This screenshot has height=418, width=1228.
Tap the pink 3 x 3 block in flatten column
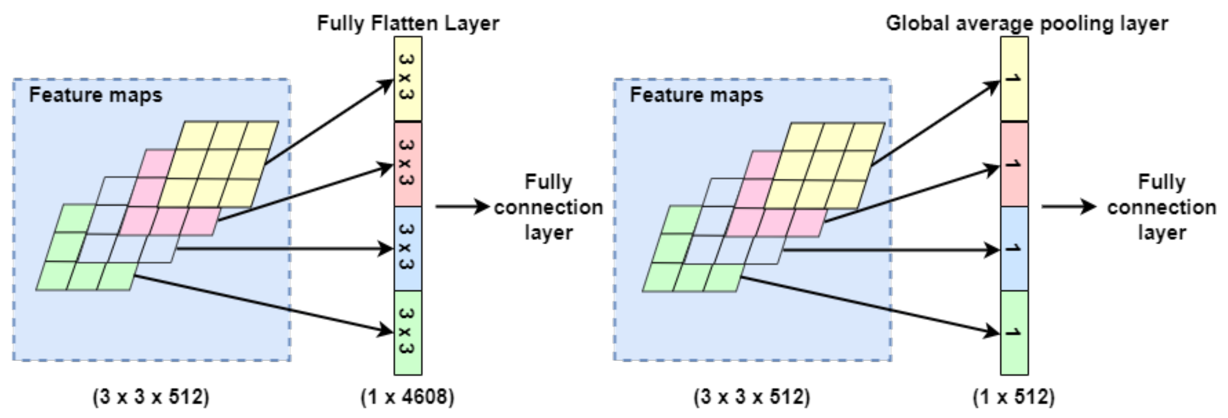(407, 164)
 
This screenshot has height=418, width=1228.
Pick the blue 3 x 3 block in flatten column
(407, 248)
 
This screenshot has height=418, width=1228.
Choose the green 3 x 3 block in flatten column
(407, 333)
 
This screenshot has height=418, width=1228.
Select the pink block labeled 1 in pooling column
(1014, 164)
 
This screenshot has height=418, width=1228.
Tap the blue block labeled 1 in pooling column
(1014, 248)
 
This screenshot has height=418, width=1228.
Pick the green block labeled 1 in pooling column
(1014, 333)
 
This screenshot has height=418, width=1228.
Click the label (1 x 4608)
(407, 397)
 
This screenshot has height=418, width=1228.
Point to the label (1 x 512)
(1014, 397)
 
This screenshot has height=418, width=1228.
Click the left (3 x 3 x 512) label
(151, 397)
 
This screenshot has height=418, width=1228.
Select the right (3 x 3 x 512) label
(752, 397)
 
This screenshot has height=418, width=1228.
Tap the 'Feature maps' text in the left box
(95, 95)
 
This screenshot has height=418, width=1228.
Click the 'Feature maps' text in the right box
(697, 95)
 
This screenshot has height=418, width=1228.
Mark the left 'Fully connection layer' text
(548, 207)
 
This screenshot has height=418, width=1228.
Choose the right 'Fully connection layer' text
(1162, 207)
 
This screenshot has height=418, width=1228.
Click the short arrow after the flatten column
(461, 206)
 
